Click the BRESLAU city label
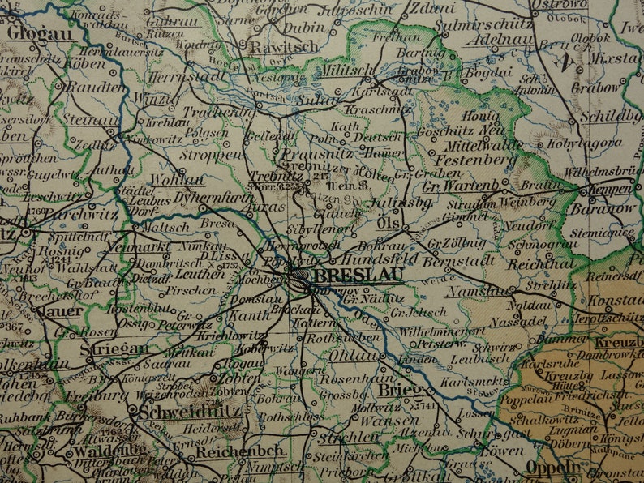point(358,276)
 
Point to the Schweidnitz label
point(190,412)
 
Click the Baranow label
point(603,207)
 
